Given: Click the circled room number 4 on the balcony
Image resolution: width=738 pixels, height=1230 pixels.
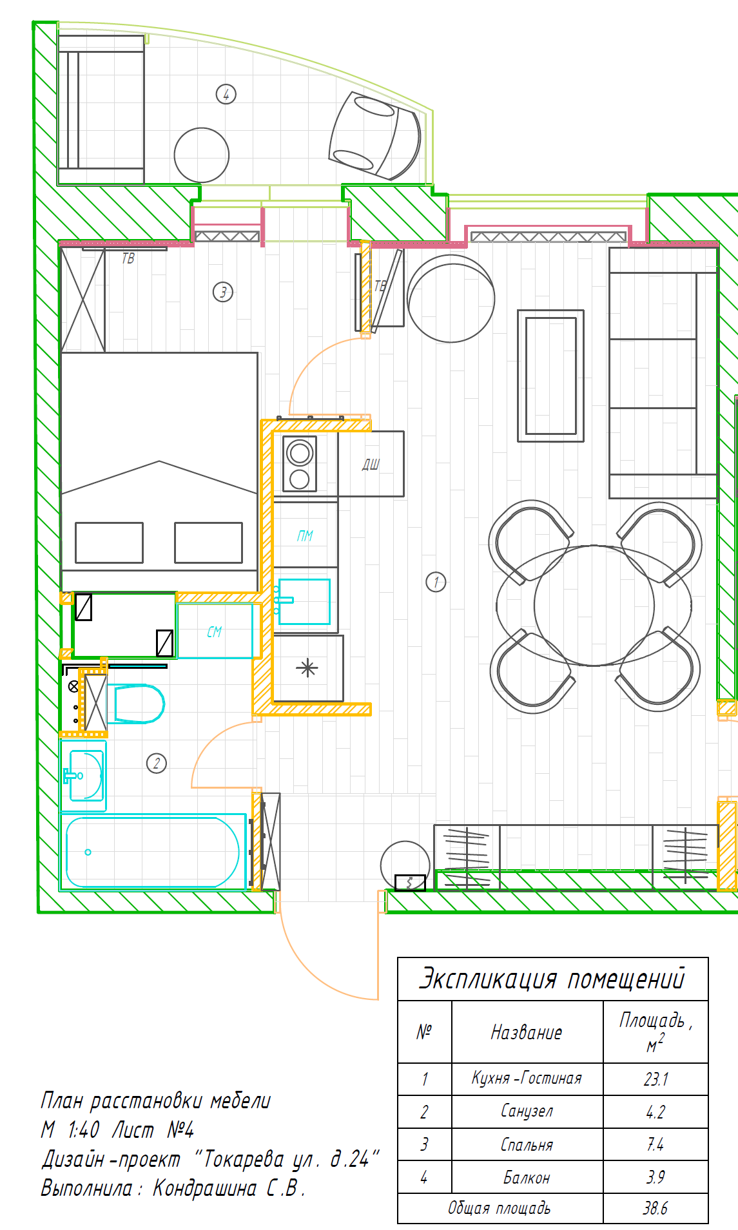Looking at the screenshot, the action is point(226,94).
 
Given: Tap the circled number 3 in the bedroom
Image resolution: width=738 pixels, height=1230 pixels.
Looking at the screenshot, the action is point(223,292).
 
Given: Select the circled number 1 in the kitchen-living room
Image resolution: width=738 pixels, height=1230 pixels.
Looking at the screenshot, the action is point(436,582).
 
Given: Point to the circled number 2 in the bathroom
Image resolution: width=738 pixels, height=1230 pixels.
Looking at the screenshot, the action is point(157,764).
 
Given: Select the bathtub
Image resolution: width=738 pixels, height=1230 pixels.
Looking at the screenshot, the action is point(153,852).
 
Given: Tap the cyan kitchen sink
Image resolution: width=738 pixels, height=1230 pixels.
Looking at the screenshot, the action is point(304,602).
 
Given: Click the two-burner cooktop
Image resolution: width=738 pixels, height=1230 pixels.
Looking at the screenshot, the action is point(300,464).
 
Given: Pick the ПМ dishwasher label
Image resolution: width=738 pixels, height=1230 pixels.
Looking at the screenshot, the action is point(305,535).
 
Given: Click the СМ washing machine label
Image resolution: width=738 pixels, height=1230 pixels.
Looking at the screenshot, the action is point(215,632).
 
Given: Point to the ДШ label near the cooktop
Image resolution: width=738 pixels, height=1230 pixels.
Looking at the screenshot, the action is point(371,464).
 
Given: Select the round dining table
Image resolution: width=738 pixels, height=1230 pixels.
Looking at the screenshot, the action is point(594,606).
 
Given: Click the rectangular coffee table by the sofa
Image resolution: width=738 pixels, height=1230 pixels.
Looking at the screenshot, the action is point(550,376).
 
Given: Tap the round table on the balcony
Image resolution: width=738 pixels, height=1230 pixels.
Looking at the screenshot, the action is point(202,155).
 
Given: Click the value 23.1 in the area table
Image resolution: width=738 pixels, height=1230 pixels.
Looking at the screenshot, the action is point(656,1079).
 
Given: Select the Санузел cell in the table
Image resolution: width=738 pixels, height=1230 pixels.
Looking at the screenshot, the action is point(527,1111).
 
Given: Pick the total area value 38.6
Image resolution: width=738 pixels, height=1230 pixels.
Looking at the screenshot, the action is point(655,1208).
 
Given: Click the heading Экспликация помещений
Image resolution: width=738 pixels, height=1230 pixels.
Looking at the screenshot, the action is point(552,979).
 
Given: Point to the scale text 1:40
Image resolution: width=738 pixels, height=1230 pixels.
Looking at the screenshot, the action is point(83,1129).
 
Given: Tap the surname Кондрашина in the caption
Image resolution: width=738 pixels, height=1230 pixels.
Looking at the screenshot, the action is point(205,1187).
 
